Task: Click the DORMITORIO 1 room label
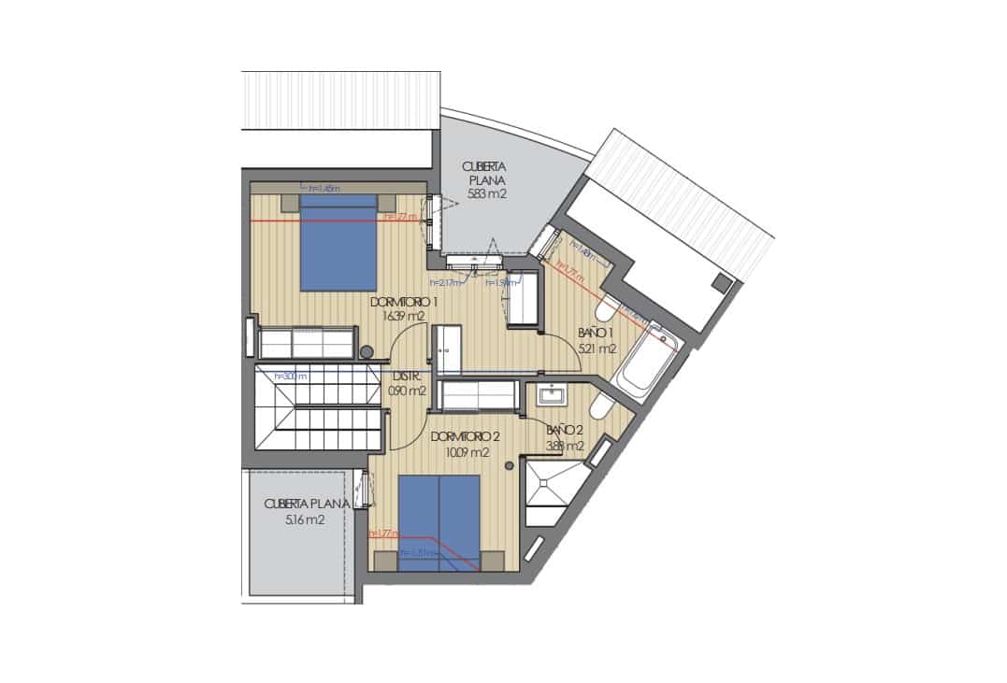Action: pos(405,302)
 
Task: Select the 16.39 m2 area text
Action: pos(404,316)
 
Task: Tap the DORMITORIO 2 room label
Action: pos(466,437)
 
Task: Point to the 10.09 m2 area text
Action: pos(467,452)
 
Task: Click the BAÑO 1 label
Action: pos(595,334)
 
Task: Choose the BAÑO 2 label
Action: pos(565,430)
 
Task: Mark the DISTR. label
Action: pos(405,377)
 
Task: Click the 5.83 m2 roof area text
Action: pos(486,195)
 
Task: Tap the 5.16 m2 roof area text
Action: pos(305,519)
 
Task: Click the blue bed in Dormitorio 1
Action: pos(338,243)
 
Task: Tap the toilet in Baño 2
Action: pos(601,408)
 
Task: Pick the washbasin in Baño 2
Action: pos(551,396)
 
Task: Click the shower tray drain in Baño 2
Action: pos(547,484)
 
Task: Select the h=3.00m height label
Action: pos(290,377)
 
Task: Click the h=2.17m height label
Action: pos(446,282)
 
